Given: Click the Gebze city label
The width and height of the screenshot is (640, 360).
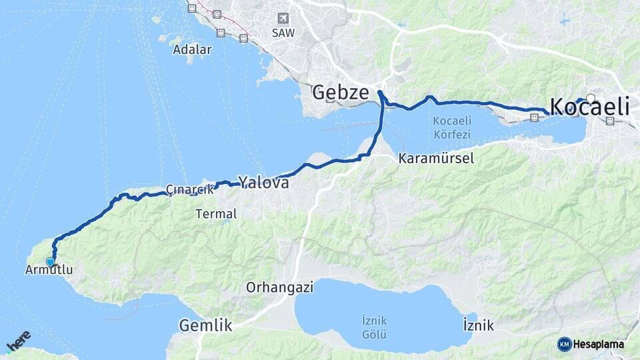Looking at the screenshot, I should (x=340, y=92).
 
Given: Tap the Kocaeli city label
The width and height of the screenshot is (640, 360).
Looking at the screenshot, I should (x=589, y=107).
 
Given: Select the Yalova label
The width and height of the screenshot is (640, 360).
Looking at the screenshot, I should (x=264, y=182).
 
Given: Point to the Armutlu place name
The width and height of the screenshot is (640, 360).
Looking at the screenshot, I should (x=48, y=270).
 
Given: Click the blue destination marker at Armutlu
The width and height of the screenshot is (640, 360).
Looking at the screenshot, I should (x=50, y=262).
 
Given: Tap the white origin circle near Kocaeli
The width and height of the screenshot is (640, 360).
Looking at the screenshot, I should (x=590, y=99).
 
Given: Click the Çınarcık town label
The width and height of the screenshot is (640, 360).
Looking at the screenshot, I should (x=190, y=189).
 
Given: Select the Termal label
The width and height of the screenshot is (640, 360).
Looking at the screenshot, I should (x=217, y=214).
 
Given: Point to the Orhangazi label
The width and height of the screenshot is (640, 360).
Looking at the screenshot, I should (x=280, y=288).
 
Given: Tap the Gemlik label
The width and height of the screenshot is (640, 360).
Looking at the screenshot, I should (x=206, y=326).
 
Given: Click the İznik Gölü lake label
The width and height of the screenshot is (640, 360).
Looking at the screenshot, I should (x=375, y=326).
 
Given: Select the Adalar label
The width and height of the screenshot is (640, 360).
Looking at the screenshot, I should (x=192, y=49).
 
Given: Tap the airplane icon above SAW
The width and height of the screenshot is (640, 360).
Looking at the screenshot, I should (x=284, y=18).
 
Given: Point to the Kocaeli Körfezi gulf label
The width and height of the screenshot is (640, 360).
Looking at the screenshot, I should (x=452, y=127).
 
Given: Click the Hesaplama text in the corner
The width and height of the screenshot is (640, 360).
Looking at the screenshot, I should (x=599, y=344).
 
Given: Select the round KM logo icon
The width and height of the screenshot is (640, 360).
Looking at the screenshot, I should (x=564, y=344).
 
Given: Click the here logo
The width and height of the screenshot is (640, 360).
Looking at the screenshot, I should (x=18, y=342).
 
